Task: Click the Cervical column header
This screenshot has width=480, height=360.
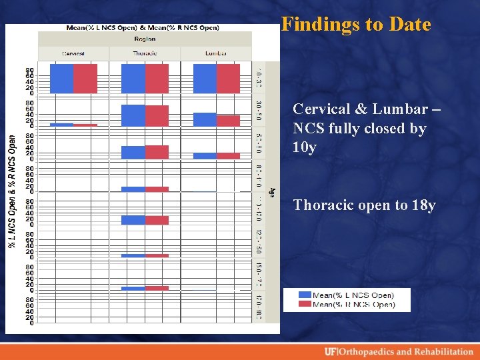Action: point(73,53)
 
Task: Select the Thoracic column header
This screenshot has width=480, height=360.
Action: point(145,53)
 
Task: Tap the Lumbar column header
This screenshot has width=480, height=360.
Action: point(216,53)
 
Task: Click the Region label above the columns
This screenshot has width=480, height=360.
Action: point(145,39)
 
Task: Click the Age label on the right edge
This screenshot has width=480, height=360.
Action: point(271,191)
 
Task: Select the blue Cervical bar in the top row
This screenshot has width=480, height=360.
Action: point(61,78)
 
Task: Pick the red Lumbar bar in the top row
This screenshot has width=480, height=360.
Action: point(228,78)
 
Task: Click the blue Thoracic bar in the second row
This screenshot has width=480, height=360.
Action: point(133,115)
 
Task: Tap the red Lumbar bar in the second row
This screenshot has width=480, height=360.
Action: point(228,121)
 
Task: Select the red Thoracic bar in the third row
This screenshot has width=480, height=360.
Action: point(157,152)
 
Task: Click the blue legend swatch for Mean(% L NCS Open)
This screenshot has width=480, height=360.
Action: point(305,295)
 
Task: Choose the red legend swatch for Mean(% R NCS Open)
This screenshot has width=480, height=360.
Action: point(305,304)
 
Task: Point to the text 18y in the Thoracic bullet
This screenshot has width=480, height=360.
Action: point(423,205)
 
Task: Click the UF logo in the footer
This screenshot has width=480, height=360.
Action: point(331,351)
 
